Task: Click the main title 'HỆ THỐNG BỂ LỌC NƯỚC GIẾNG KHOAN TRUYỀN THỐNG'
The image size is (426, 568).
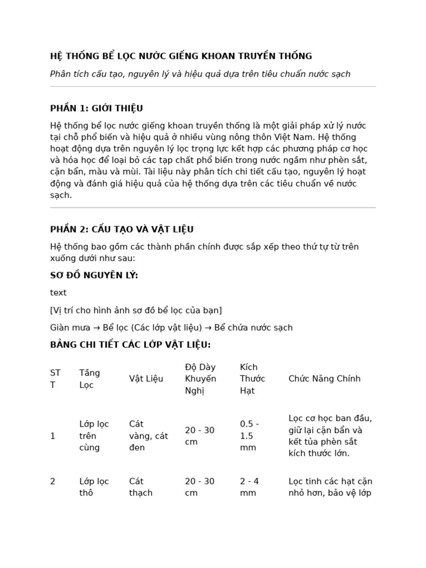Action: point(181,56)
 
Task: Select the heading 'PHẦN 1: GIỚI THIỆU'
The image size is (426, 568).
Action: point(97,108)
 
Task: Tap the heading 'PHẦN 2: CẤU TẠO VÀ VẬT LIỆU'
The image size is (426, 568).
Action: point(121,230)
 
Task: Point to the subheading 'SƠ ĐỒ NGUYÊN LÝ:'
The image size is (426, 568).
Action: point(94,276)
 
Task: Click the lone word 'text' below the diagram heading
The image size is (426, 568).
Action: point(58,293)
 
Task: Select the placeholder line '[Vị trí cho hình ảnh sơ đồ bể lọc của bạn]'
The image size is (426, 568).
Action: point(136,310)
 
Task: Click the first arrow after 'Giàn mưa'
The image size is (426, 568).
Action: point(97,328)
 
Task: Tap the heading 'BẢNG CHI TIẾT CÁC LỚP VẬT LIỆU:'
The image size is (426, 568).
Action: point(130,345)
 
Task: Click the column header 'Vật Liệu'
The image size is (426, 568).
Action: point(146,379)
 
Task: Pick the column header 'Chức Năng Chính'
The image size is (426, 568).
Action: point(324,379)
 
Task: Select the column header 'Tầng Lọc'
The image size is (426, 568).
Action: point(90,379)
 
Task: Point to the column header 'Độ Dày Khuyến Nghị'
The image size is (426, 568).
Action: point(200,379)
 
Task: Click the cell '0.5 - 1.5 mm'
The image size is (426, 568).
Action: point(250,436)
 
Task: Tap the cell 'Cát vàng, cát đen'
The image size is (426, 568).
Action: point(148,436)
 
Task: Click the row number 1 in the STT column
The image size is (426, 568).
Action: point(53,436)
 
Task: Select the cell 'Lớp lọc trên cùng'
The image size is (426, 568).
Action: point(94,436)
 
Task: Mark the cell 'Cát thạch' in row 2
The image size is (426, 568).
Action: point(140,487)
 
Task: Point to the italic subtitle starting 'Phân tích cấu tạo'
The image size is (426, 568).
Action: point(200,74)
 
